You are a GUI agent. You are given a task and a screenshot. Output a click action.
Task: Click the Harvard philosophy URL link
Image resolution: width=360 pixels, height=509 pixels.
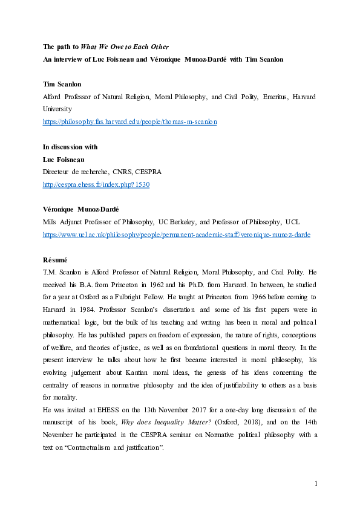pyautogui.click(x=130, y=122)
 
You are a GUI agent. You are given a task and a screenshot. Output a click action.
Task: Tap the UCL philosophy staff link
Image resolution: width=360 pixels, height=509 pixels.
pyautogui.click(x=176, y=235)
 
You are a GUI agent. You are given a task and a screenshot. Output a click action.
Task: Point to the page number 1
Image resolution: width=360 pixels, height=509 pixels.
pyautogui.click(x=316, y=484)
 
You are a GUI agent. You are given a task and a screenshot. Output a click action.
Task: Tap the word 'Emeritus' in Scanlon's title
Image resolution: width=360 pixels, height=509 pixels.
pyautogui.click(x=257, y=97)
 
